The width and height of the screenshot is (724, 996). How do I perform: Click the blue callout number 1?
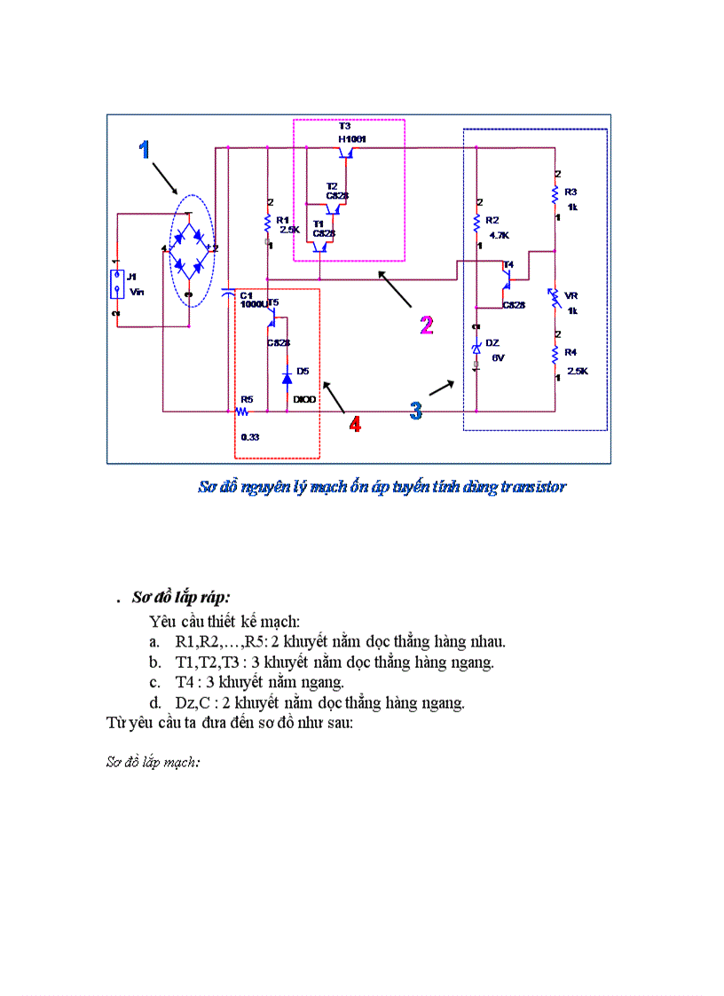[144, 150]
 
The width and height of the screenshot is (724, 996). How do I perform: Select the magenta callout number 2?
[427, 325]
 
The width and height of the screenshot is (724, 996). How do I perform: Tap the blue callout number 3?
[416, 410]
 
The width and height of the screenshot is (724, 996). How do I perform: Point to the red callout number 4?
[355, 425]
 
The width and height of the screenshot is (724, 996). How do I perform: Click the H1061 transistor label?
[352, 139]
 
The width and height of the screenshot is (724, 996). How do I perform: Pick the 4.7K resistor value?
[499, 236]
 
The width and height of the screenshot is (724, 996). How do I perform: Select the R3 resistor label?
[571, 192]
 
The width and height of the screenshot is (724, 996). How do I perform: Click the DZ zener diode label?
[492, 342]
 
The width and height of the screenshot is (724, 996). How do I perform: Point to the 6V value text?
[498, 357]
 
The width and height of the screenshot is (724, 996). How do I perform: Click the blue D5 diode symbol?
[287, 378]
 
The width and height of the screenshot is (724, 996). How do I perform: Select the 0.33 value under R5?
[249, 437]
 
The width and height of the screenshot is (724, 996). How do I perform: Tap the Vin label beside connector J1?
[136, 291]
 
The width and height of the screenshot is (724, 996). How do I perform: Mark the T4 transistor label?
[508, 264]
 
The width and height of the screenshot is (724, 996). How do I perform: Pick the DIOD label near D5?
[304, 400]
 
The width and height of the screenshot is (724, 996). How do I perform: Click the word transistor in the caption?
[533, 486]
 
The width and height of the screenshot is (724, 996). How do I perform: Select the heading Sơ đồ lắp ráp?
[181, 597]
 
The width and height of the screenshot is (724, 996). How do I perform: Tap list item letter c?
[154, 682]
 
